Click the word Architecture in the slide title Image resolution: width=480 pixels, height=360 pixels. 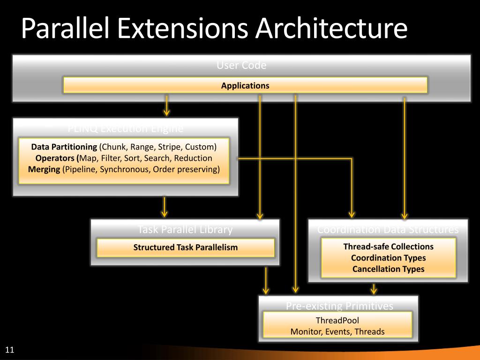tap(331, 29)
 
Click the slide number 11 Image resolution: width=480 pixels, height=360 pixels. tap(9, 350)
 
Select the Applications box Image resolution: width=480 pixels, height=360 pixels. tap(245, 85)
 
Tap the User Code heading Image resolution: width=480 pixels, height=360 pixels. tap(241, 66)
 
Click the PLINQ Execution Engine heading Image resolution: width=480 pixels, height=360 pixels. tap(126, 128)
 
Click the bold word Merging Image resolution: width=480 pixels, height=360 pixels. tap(44, 169)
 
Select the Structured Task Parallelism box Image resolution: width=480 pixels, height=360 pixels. tap(185, 247)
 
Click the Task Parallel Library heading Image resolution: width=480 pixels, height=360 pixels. tap(185, 230)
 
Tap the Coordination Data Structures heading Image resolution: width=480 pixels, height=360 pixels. tap(388, 230)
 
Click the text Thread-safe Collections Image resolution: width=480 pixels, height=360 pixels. tap(388, 247)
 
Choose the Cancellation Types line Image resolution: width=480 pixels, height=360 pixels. tap(388, 269)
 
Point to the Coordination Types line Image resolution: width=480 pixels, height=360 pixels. tap(388, 258)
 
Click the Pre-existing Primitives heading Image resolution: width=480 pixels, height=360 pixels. tap(339, 306)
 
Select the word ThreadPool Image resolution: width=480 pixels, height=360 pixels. tap(337, 321)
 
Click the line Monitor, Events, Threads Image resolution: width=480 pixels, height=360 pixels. tap(337, 332)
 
